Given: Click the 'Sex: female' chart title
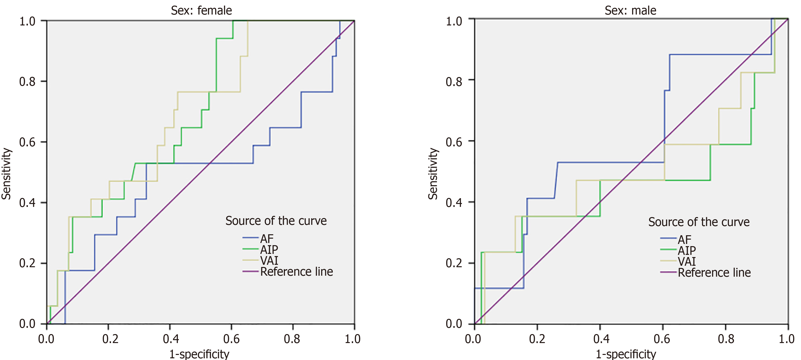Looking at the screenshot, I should coord(201,11).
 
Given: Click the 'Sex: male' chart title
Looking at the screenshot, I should coord(630,11).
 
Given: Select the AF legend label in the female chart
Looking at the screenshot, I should coord(267,239).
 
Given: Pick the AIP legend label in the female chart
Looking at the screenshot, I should coord(269,250).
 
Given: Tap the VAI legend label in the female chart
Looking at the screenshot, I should coord(269,260).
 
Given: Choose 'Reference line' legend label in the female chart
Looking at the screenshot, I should coord(296,272).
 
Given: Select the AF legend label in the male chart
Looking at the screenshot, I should coord(684,240).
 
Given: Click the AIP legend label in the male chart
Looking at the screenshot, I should coord(687,250).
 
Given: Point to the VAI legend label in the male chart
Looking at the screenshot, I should coord(687,261).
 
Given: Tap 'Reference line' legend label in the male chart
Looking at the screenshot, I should coord(714,273).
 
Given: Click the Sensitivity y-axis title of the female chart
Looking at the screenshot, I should coord(6,173).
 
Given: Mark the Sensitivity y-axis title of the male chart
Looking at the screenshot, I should coord(433,173).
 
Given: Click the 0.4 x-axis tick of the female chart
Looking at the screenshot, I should coord(171,338).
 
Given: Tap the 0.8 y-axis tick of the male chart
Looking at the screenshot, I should coord(454,81).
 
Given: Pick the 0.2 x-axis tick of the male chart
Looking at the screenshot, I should coord(537,338).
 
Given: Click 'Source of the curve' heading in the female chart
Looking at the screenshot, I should coord(276,221).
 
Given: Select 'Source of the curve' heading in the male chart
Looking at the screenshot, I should coord(699,222).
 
